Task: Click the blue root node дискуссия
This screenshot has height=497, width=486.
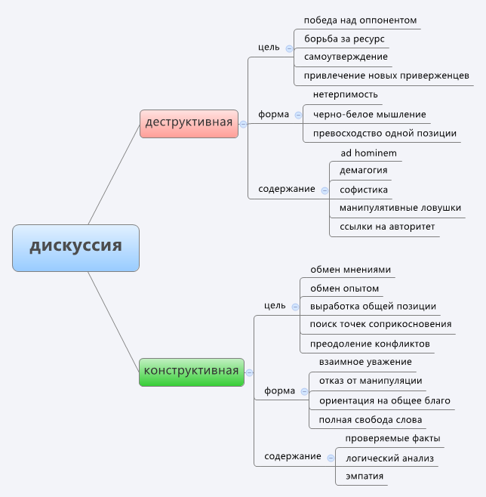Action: click(x=75, y=248)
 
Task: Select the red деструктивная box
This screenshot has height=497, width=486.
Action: click(x=189, y=124)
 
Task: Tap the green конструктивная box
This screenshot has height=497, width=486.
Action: click(x=192, y=372)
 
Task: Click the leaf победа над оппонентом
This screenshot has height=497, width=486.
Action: click(x=360, y=20)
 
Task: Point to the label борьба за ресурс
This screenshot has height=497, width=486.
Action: click(x=344, y=39)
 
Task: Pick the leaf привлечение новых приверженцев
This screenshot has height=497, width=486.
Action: click(x=386, y=76)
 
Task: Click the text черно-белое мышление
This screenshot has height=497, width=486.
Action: click(x=370, y=114)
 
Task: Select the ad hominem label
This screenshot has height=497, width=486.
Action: click(x=368, y=153)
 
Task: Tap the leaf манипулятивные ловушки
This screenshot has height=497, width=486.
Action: click(x=400, y=208)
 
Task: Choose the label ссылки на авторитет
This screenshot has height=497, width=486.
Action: click(x=387, y=227)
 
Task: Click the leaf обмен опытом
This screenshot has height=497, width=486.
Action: click(x=344, y=289)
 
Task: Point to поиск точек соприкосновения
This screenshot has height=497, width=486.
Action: click(x=380, y=324)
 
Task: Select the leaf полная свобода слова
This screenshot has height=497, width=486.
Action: click(x=371, y=420)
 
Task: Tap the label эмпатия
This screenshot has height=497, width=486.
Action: click(x=364, y=476)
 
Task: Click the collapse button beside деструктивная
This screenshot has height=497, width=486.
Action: click(x=243, y=124)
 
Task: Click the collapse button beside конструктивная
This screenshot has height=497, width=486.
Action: click(x=249, y=372)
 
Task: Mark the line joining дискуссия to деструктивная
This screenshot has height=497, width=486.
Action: click(x=114, y=174)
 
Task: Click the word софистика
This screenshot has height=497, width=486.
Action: click(x=364, y=190)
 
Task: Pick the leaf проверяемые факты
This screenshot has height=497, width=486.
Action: click(x=392, y=438)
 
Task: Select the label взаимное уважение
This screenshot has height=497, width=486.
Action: click(x=365, y=362)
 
